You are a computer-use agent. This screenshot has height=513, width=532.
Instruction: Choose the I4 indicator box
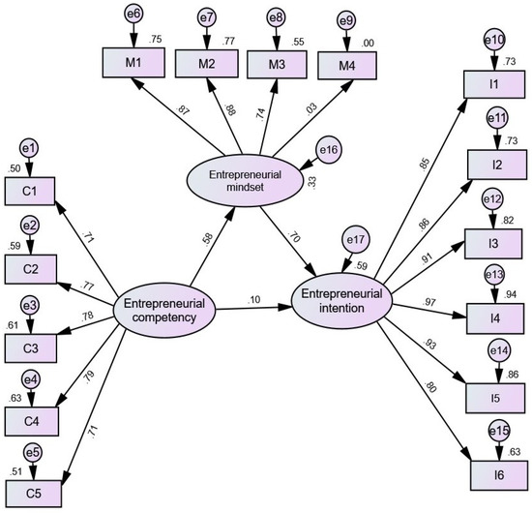coord(493,314)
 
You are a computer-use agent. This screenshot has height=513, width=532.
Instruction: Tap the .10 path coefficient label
coord(253,301)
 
